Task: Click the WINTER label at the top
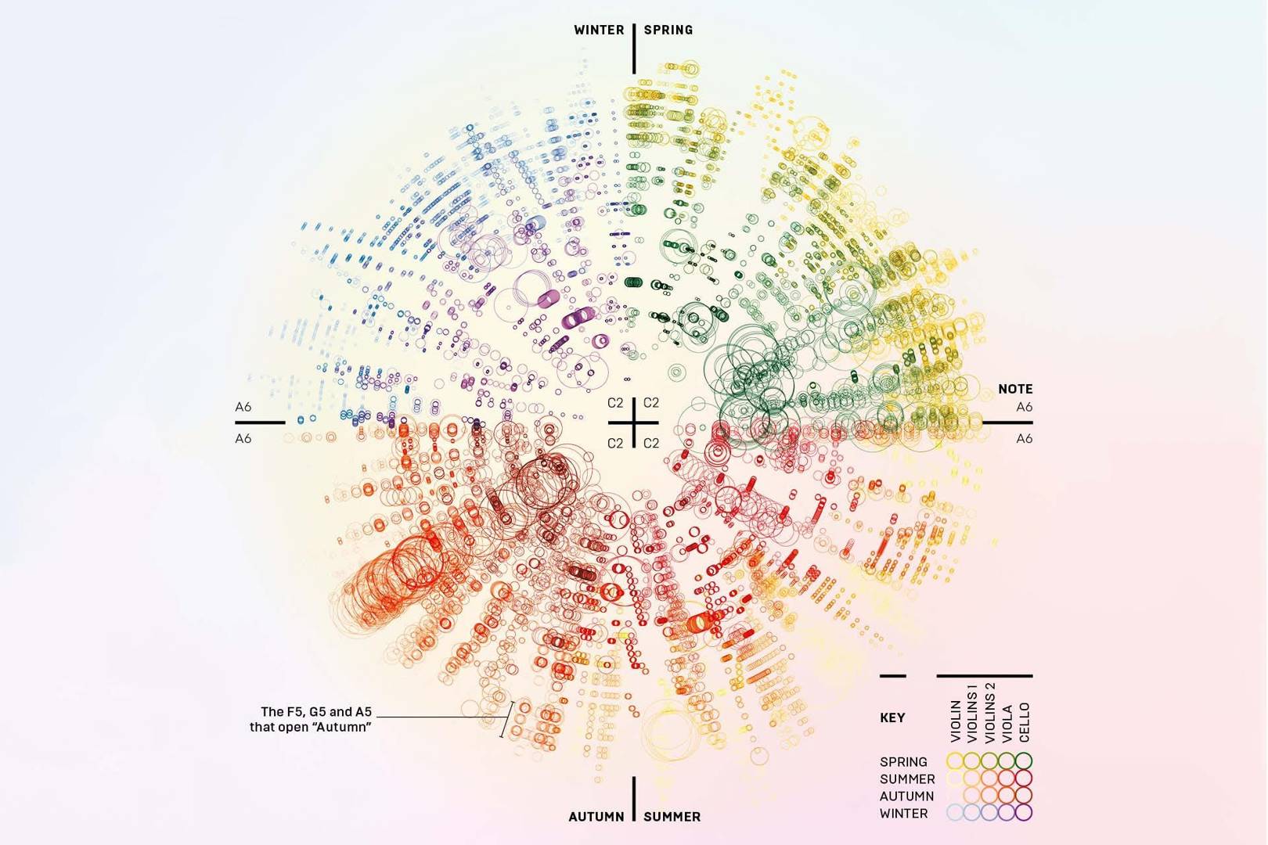click(x=599, y=30)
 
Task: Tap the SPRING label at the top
click(x=668, y=30)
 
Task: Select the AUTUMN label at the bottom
click(x=596, y=816)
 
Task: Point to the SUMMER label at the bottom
click(x=672, y=816)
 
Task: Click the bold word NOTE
click(x=1015, y=389)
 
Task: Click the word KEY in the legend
click(x=892, y=717)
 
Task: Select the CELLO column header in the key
click(x=1025, y=721)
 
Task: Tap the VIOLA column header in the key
click(x=1008, y=722)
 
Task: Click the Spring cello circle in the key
click(x=1024, y=760)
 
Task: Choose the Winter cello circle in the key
click(x=1024, y=813)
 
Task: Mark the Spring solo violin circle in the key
click(x=955, y=760)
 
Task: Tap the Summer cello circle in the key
click(x=1024, y=778)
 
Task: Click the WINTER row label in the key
click(x=903, y=813)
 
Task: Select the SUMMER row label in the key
click(x=907, y=778)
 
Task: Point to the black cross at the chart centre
click(x=633, y=422)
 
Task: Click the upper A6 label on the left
click(x=243, y=407)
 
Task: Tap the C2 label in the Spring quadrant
click(x=651, y=403)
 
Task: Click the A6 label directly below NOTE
click(x=1024, y=407)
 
